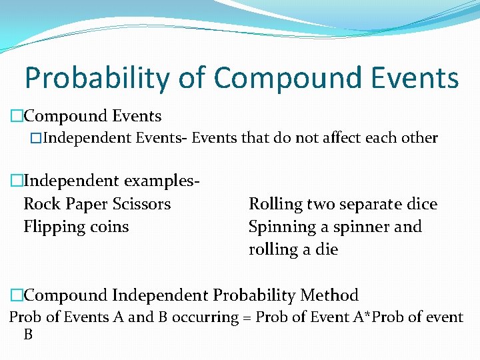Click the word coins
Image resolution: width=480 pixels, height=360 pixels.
pos(110,227)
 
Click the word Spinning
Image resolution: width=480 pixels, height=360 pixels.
pos(281,227)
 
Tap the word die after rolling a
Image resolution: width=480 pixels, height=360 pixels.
pos(327,250)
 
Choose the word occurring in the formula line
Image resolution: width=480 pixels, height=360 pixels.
pos(205,317)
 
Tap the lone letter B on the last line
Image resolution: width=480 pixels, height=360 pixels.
pos(28,335)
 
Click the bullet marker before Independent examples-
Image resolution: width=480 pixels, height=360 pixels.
pos(16,181)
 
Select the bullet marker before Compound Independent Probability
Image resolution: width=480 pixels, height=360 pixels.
pos(16,295)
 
